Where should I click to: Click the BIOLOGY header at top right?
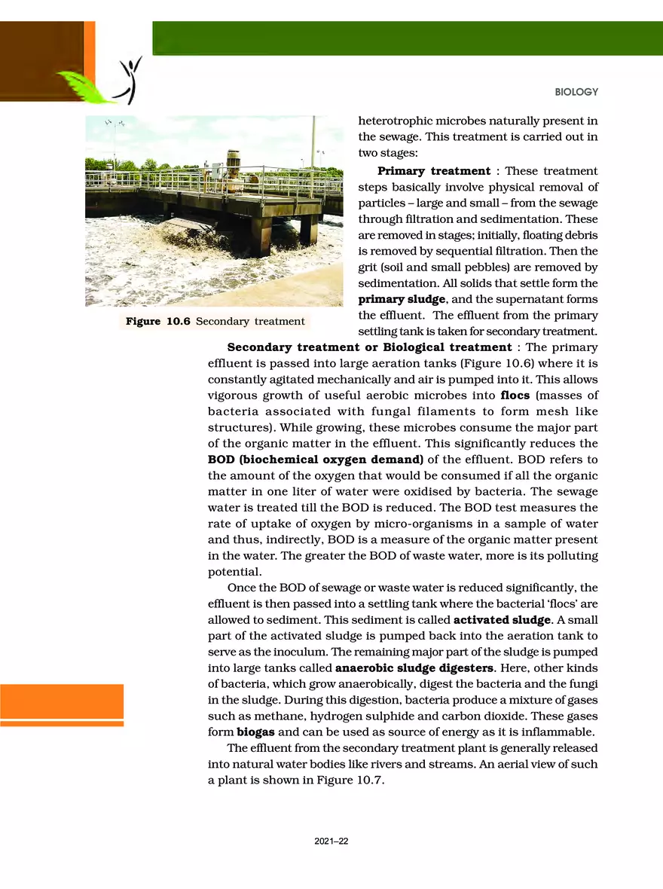coord(576,92)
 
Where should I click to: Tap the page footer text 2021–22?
coord(331,842)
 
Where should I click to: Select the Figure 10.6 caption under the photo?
coord(215,322)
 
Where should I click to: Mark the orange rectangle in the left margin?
coord(62,701)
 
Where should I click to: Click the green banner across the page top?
coord(407,38)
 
